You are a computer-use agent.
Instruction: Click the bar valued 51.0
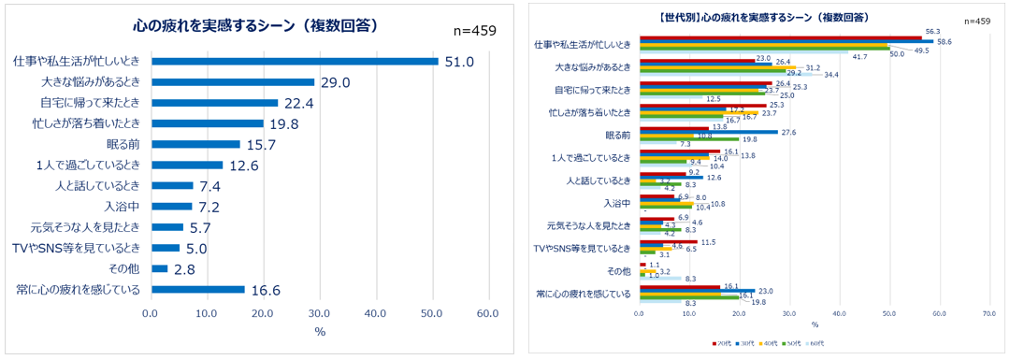295,62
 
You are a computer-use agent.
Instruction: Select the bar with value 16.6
197,290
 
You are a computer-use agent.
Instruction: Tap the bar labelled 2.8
159,268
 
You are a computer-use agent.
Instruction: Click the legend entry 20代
720,344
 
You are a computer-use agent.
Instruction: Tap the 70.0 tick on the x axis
989,314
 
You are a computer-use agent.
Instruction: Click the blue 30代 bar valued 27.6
707,133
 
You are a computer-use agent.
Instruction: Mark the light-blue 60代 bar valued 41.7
743,52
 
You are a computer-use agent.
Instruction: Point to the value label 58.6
945,42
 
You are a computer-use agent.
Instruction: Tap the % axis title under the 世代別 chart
814,324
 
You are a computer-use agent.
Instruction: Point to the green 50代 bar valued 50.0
763,49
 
